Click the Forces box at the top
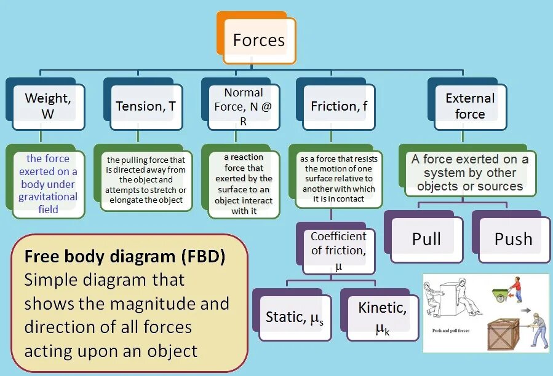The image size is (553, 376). click(x=259, y=41)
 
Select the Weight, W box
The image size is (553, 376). click(x=48, y=106)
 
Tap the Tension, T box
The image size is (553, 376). click(x=146, y=106)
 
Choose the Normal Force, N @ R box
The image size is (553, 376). click(x=244, y=106)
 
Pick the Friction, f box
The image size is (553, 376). click(x=339, y=106)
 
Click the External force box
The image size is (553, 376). click(x=470, y=106)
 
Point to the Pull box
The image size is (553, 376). click(x=426, y=238)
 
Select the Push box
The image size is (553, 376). click(x=513, y=238)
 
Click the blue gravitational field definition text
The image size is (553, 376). click(x=48, y=184)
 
